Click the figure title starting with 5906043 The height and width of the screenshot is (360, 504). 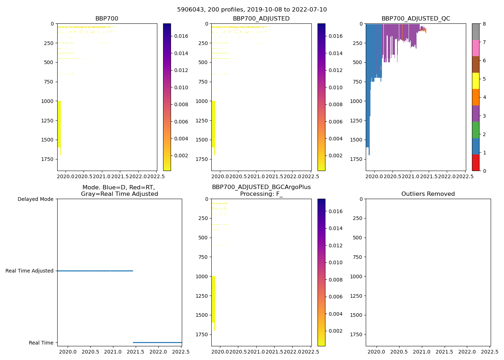(x=252, y=10)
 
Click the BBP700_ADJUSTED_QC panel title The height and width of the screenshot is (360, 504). (x=415, y=19)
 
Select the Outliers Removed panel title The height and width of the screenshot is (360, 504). (x=428, y=194)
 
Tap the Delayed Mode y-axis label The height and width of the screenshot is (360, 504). (x=35, y=199)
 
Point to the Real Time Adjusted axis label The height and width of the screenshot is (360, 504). (x=30, y=271)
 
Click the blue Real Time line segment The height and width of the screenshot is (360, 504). (x=157, y=342)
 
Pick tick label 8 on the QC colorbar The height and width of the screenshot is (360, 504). (x=484, y=24)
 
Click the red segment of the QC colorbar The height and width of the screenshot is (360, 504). (x=476, y=162)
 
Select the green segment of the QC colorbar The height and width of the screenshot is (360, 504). (x=476, y=130)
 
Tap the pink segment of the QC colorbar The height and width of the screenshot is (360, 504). (x=476, y=48)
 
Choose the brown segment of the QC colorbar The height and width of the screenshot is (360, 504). (x=476, y=64)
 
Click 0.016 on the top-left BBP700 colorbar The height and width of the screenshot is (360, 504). (x=181, y=36)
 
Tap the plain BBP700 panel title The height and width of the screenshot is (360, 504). (x=107, y=19)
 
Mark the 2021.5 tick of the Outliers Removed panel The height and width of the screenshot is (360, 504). (x=444, y=352)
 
